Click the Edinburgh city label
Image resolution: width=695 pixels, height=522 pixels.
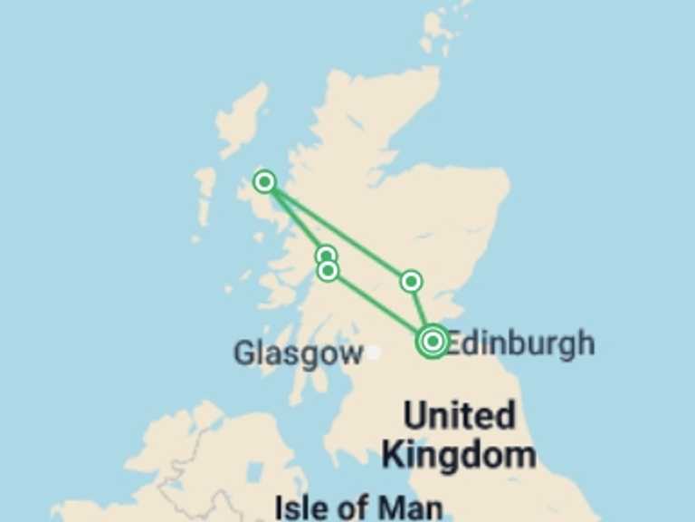[520, 343]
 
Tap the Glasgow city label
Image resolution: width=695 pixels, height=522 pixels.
[298, 353]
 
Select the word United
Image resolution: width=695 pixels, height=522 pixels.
[459, 417]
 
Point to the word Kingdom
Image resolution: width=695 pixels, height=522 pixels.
[458, 454]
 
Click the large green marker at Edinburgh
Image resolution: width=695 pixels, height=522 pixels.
[433, 341]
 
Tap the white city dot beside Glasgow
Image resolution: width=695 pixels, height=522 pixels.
[373, 352]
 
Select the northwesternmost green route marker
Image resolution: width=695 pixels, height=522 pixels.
[264, 181]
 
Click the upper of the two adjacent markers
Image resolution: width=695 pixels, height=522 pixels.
[327, 256]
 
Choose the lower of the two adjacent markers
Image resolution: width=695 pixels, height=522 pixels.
[328, 270]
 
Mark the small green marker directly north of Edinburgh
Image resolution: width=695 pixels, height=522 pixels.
[412, 281]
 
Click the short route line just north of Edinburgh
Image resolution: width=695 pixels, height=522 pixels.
[422, 310]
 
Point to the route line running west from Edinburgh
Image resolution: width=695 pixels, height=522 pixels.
[380, 305]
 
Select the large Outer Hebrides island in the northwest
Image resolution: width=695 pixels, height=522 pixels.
[243, 118]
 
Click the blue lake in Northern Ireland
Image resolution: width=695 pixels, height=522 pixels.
[256, 472]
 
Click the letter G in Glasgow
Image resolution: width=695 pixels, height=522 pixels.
[244, 353]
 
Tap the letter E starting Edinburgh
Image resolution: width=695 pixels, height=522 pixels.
[456, 343]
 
